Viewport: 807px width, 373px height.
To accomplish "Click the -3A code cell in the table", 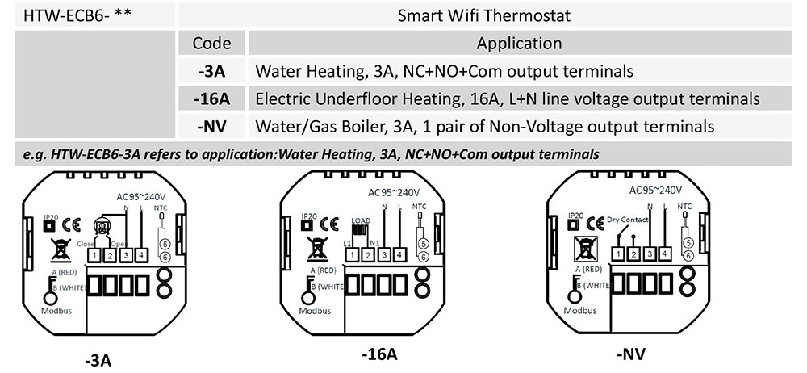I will coord(211,71).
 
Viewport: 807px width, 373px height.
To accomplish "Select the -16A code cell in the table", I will coord(211,98).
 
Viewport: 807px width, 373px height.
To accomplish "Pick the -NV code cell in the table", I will coord(211,126).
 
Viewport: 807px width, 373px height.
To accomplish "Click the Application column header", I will coord(519,43).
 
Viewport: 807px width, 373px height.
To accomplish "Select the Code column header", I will coord(211,43).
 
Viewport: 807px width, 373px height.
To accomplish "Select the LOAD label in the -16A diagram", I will coord(361,220).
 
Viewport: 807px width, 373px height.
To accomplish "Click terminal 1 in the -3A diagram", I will coord(94,256).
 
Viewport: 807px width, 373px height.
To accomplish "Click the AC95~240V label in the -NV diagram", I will coord(656,191).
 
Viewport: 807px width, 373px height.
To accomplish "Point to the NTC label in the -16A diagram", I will coord(420,207).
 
